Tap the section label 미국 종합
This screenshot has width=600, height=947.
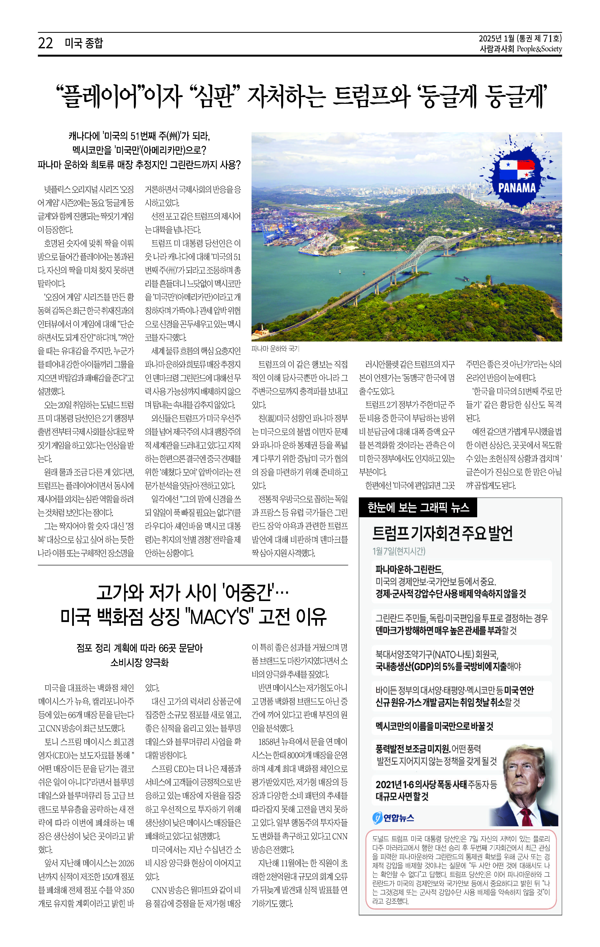84,43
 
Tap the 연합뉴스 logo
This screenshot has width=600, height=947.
393,818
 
